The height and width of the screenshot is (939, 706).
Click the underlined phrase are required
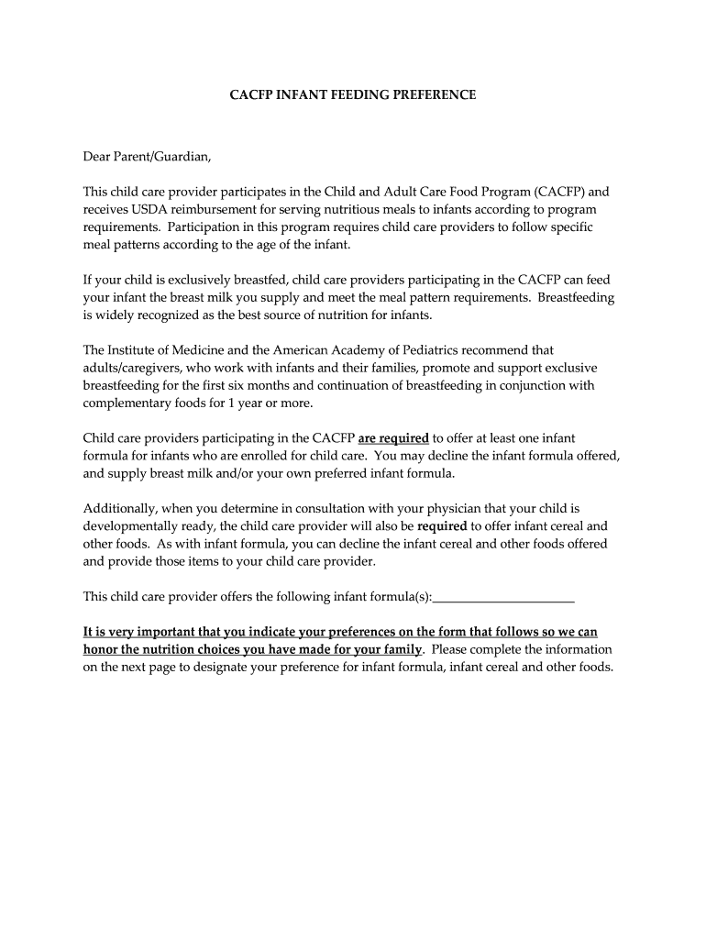pyautogui.click(x=393, y=438)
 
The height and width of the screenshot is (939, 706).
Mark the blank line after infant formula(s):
pyautogui.click(x=503, y=597)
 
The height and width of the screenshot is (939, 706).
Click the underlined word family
pyautogui.click(x=401, y=649)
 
